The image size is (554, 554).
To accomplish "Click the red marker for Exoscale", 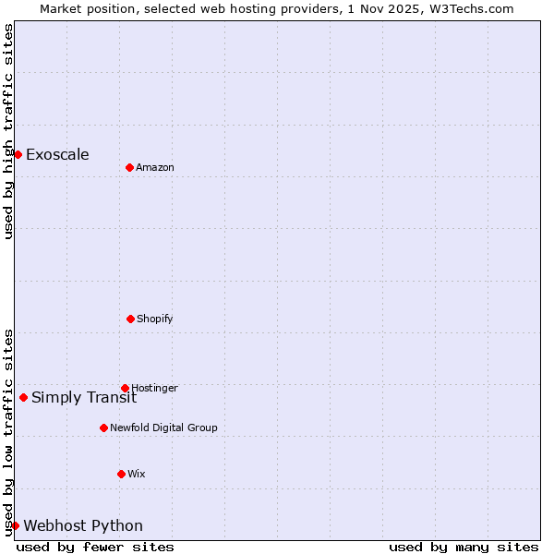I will (18, 154).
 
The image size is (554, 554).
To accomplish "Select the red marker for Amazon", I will (129, 167).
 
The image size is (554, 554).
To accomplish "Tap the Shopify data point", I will (130, 319).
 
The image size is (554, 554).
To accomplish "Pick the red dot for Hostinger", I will (125, 388).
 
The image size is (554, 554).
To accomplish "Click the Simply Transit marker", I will (23, 397).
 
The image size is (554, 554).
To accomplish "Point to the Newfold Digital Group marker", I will (103, 428).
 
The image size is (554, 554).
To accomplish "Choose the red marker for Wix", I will (121, 474).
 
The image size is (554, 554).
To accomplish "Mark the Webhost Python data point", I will (15, 525).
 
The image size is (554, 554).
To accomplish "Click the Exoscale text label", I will (57, 154).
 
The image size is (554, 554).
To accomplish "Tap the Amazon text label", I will (155, 167).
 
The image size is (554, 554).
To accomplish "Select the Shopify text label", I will (155, 319).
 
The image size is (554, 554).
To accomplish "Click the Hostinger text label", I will (154, 388).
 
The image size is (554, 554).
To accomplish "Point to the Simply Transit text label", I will (84, 397).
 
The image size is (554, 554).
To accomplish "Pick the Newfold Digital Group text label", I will (163, 428).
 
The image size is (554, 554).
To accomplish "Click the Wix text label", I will (137, 474).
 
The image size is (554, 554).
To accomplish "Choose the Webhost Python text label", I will (83, 525).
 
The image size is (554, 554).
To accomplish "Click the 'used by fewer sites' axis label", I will (95, 547).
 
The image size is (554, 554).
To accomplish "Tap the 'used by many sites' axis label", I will (464, 547).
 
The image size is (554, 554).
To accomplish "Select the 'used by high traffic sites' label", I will (8, 131).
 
